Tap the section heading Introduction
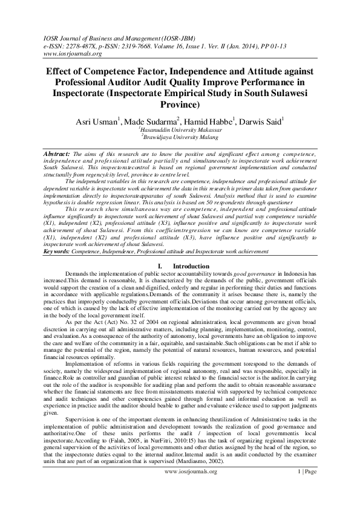pos(192,266)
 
